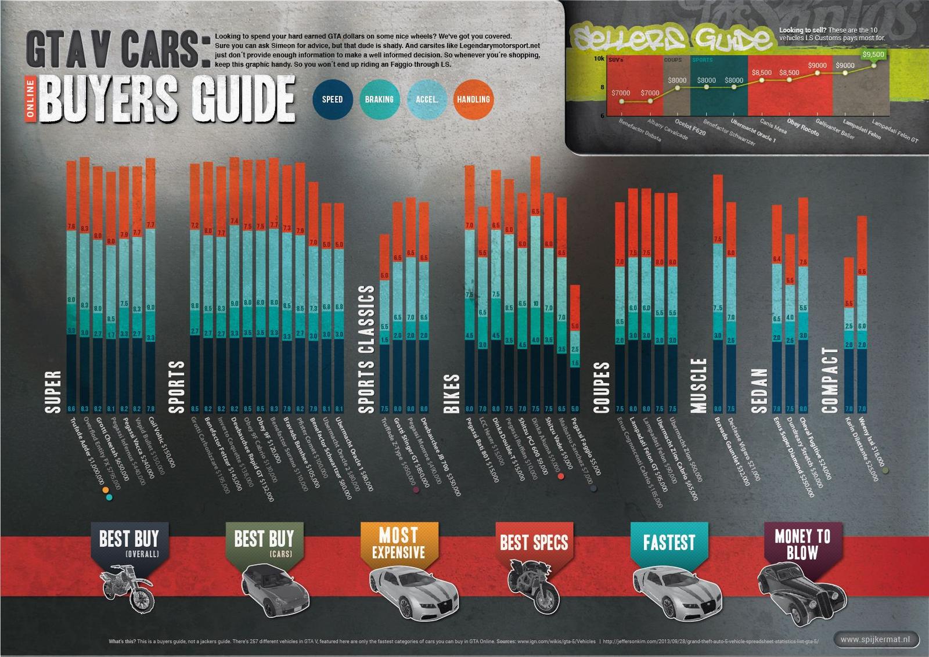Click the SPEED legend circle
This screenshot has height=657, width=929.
point(332,99)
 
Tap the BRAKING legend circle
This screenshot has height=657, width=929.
point(379,99)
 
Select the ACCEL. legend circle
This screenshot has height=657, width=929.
point(427,99)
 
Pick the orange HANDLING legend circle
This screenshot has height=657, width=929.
point(473,99)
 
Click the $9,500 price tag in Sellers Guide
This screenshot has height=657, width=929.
point(873,55)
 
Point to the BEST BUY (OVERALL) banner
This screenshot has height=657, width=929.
point(129,543)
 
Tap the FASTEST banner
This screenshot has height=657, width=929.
point(669,543)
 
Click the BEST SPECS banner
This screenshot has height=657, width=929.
point(534,543)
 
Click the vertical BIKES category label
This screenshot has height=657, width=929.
point(452,394)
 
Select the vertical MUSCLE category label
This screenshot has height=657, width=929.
point(700,385)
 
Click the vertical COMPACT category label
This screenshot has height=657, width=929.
point(830,380)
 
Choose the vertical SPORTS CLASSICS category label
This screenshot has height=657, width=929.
point(367,349)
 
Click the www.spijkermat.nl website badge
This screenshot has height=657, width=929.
point(877,639)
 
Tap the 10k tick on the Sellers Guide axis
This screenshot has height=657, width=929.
point(599,59)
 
